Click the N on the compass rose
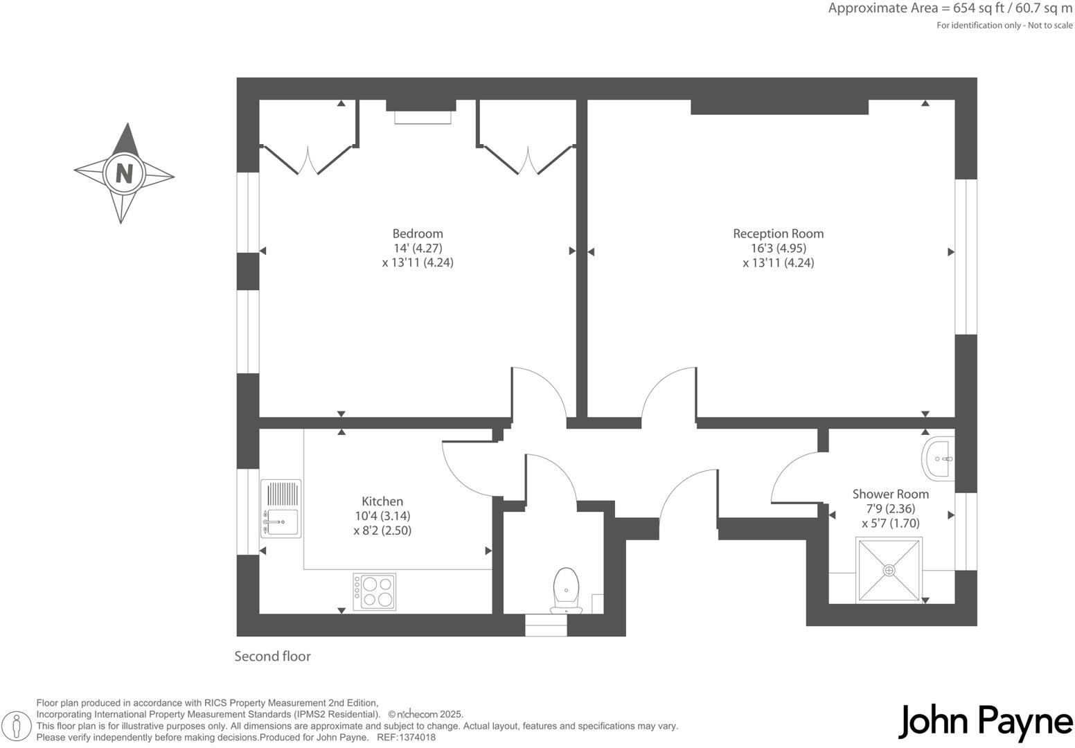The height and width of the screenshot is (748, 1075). tap(124, 173)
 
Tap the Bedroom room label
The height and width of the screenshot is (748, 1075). tap(417, 233)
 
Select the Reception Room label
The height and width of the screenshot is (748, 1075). tap(778, 233)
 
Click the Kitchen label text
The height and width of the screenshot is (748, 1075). tap(382, 501)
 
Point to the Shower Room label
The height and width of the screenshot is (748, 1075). tap(890, 494)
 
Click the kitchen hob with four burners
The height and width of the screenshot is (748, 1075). tap(374, 591)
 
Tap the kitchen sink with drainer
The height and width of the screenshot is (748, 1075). tap(281, 508)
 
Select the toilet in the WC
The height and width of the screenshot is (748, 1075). tap(566, 589)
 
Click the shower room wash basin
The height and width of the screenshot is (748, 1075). tap(939, 458)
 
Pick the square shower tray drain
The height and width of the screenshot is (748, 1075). tap(889, 570)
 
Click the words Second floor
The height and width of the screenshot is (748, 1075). tap(272, 656)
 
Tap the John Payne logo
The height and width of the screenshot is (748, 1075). tap(986, 722)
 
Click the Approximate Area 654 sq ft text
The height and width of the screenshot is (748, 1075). tap(950, 9)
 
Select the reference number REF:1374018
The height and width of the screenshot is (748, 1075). tap(406, 738)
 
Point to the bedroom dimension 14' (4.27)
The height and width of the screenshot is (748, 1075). tap(417, 248)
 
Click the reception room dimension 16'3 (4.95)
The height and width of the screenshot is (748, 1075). tap(778, 248)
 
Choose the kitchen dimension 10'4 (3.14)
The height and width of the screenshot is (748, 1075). tap(382, 516)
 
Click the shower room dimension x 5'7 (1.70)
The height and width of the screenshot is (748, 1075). tap(890, 523)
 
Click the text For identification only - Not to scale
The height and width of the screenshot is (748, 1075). tap(1004, 26)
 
